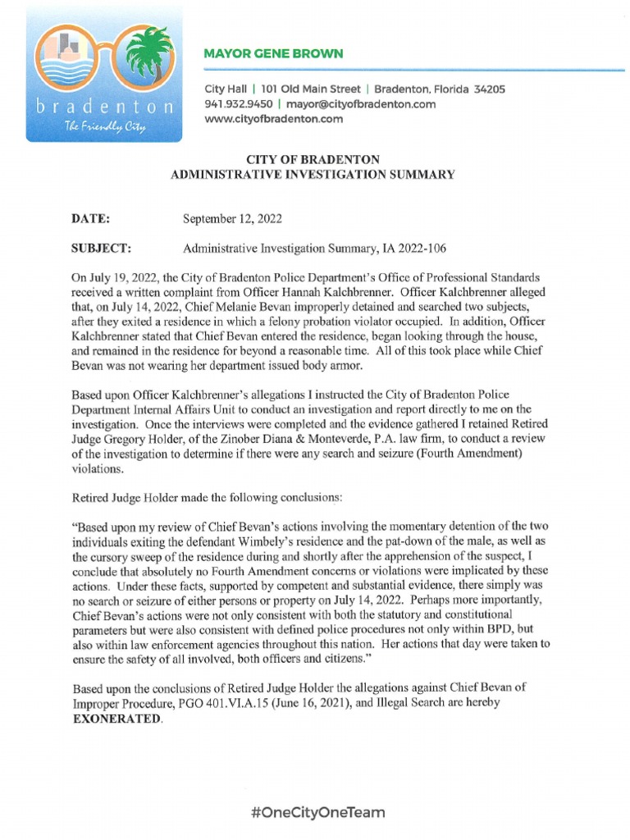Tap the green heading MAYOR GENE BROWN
tap(273, 54)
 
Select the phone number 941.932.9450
tap(237, 104)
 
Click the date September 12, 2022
tap(233, 218)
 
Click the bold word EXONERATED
tap(117, 720)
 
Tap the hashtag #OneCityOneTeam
tap(317, 813)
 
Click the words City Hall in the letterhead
tap(226, 89)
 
